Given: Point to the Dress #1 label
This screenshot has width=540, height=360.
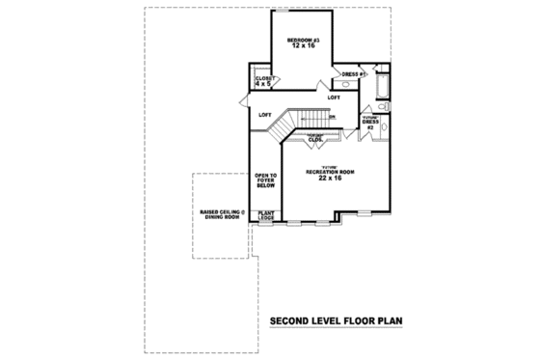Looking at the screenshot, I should (x=352, y=74).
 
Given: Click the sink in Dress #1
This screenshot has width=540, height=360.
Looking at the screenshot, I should (x=348, y=85).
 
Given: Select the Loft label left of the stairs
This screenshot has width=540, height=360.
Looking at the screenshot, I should (x=265, y=117).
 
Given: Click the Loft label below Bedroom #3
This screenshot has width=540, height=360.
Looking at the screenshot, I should (x=334, y=97).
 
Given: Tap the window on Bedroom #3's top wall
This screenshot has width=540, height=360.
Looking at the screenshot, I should (x=302, y=12).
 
